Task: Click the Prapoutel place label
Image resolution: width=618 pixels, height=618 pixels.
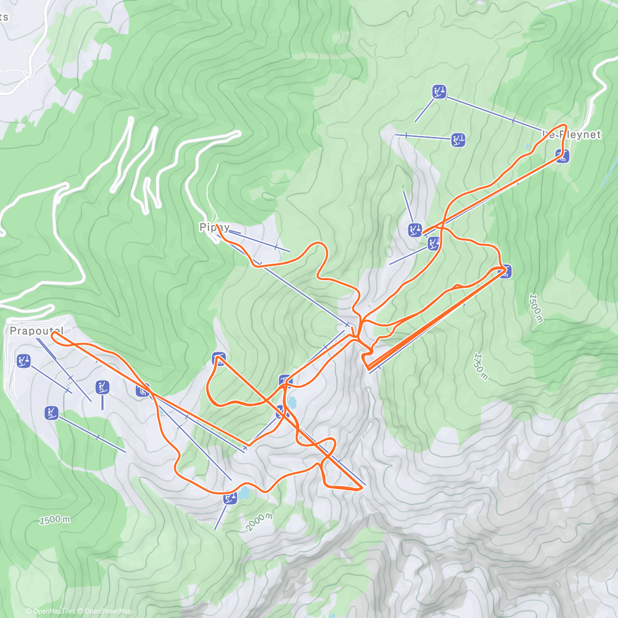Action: pos(37,331)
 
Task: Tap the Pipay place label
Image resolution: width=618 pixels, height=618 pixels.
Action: pos(214,227)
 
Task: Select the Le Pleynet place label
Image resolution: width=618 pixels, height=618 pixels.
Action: pos(572,134)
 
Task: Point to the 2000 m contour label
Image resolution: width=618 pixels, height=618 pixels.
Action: pos(259,522)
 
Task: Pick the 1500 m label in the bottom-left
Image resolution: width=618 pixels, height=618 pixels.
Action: pos(55,520)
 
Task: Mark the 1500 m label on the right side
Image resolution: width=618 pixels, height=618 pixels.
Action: pos(536,308)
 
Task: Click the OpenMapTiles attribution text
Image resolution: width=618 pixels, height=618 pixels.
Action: pos(54,611)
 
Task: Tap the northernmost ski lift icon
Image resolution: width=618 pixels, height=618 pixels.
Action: pos(439,92)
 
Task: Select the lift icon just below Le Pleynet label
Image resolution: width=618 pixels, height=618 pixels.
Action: pos(562,156)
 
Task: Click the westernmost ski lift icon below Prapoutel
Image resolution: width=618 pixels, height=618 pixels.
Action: pos(23,361)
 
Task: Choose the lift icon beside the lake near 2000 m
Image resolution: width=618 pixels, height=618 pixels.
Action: pos(230,498)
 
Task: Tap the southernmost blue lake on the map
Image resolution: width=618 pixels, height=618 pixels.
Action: pos(243,494)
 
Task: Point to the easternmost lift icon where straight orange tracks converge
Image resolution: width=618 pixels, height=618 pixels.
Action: pos(506,271)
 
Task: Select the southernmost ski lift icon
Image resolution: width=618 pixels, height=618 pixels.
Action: pos(230,498)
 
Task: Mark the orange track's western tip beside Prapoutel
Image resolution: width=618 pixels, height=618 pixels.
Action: pos(53,334)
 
